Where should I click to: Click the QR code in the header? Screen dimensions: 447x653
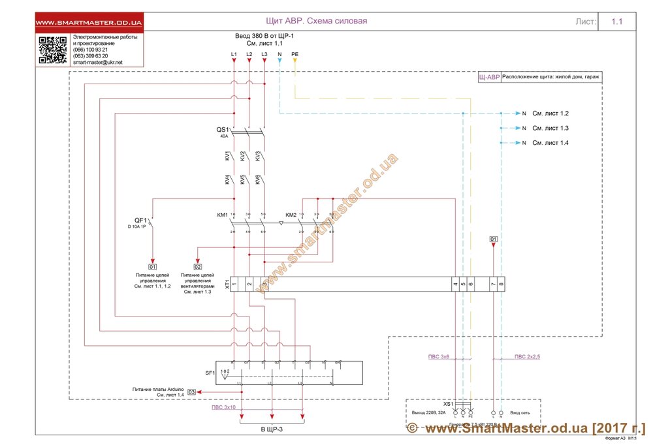(x=53, y=50)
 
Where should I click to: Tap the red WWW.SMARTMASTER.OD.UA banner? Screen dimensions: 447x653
(x=89, y=23)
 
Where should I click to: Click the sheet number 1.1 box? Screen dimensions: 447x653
(x=617, y=22)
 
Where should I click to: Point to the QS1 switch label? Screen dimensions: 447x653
(x=223, y=130)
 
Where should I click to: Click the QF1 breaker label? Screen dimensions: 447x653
(x=140, y=220)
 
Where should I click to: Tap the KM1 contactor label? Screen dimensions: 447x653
(x=222, y=215)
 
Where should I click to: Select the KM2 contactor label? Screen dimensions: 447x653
(x=291, y=215)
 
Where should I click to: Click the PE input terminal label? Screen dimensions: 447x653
(x=295, y=54)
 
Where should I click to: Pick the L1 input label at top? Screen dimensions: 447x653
(x=234, y=54)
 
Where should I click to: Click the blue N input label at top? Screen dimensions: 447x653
(x=279, y=54)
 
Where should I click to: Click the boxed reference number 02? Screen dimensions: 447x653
(x=198, y=267)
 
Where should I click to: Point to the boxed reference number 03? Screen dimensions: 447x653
(x=191, y=392)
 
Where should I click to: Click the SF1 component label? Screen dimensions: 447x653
(x=210, y=373)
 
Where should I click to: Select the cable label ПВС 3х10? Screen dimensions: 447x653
(x=223, y=407)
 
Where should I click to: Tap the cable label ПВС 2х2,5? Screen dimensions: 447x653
(x=528, y=356)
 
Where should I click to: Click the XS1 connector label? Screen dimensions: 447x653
(x=448, y=404)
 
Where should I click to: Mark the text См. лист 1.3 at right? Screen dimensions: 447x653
(x=550, y=128)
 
